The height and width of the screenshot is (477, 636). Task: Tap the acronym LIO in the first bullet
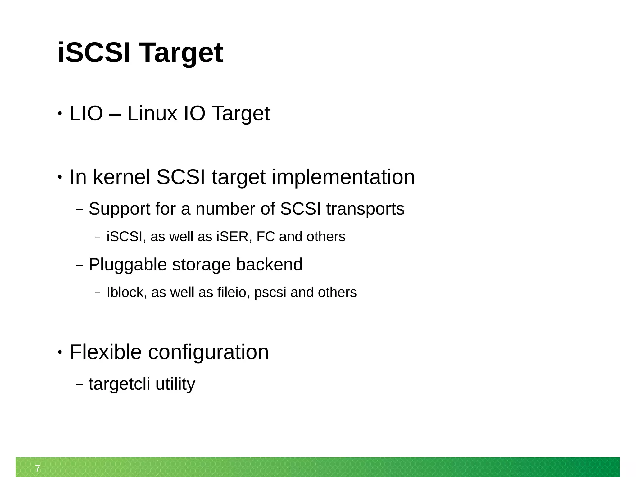pyautogui.click(x=86, y=113)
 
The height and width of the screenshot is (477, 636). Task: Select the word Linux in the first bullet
pyautogui.click(x=152, y=113)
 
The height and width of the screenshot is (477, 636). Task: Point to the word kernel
pyautogui.click(x=122, y=177)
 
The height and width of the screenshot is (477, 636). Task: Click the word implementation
pyautogui.click(x=343, y=177)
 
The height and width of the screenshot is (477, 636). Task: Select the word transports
pyautogui.click(x=365, y=209)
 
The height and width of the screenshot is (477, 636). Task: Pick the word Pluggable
pyautogui.click(x=128, y=265)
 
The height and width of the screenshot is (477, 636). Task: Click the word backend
pyautogui.click(x=269, y=265)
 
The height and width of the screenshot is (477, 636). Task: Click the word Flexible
pyautogui.click(x=106, y=352)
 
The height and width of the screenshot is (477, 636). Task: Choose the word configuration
pyautogui.click(x=208, y=353)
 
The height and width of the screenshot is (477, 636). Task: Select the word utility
pyautogui.click(x=175, y=384)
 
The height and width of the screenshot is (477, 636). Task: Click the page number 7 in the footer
pyautogui.click(x=38, y=468)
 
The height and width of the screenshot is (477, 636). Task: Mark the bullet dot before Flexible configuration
pyautogui.click(x=60, y=352)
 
